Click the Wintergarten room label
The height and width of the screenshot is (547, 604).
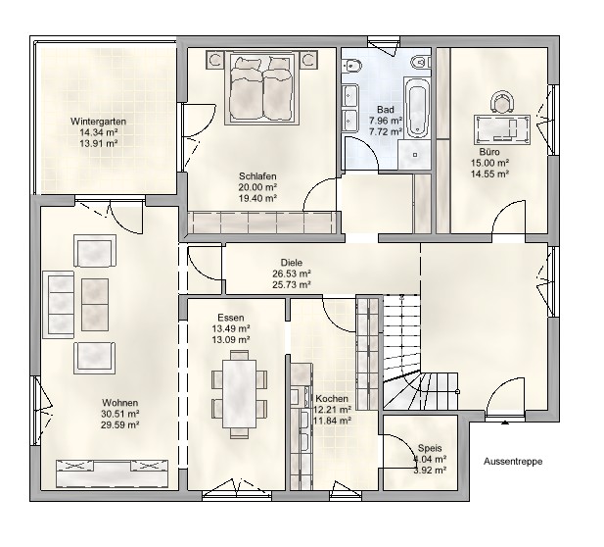[98, 122]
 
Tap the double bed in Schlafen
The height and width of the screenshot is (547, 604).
[262, 89]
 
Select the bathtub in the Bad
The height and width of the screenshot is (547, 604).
[418, 107]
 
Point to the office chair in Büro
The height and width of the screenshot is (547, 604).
[502, 101]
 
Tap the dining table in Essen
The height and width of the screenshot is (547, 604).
[240, 393]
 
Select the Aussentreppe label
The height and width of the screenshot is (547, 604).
[513, 462]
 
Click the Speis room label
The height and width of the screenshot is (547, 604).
[430, 448]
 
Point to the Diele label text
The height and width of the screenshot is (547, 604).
[292, 263]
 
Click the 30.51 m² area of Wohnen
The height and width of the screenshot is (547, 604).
[120, 414]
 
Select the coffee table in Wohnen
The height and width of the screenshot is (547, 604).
[95, 305]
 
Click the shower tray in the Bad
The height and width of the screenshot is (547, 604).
[415, 154]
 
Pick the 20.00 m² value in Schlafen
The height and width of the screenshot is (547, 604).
[258, 187]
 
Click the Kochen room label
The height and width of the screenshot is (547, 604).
[332, 398]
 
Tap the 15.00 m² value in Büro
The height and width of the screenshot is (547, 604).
[490, 163]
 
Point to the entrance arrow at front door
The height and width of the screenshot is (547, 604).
[504, 423]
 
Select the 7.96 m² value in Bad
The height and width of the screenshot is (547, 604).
[386, 121]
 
